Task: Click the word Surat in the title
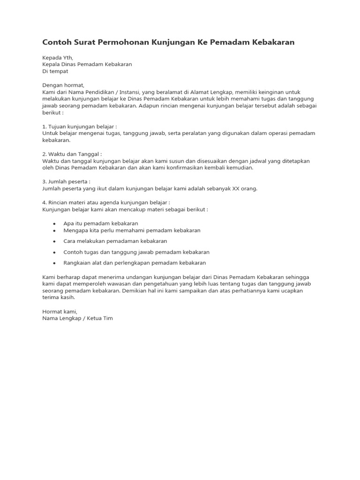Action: click(83, 42)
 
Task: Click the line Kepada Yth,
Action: click(58, 58)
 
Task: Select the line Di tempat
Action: click(55, 71)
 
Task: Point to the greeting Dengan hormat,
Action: click(63, 85)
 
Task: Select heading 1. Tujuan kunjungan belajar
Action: click(79, 127)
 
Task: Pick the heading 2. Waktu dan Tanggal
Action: click(72, 154)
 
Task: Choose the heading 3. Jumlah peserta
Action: click(66, 181)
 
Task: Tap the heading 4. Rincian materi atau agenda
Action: click(103, 202)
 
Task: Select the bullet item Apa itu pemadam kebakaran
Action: click(100, 223)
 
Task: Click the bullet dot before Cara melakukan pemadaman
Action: click(55, 241)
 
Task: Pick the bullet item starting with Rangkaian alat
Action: click(135, 263)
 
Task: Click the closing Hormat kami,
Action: click(59, 311)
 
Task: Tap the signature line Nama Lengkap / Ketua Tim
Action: click(77, 318)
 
